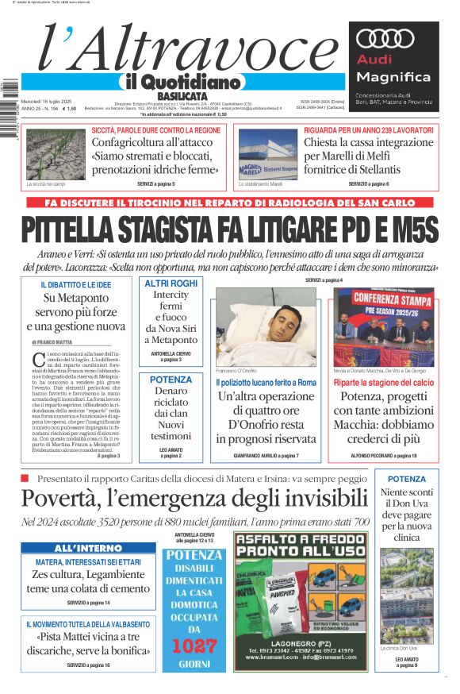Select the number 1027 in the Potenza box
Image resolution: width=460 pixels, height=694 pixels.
194,646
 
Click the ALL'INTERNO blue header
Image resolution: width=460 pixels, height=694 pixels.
88,548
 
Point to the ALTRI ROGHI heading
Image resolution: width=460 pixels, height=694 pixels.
171,283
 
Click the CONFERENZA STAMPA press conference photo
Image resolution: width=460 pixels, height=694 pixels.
384,326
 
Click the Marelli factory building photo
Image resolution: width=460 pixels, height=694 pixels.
268,154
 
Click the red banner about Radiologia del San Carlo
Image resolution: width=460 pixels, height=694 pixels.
230,202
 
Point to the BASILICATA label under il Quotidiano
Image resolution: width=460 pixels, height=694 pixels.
176,96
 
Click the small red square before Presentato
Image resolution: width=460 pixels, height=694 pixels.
25,478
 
